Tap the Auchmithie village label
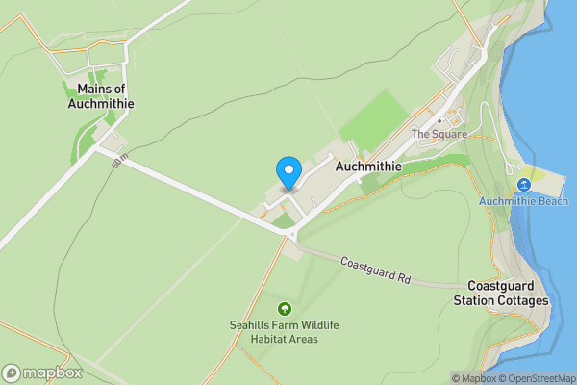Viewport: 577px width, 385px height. (367, 167)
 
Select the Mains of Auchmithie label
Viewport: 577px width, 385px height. (100, 96)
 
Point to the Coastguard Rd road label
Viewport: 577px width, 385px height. (376, 269)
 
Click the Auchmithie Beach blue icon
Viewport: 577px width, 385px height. (524, 185)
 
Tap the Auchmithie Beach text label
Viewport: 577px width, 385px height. (524, 201)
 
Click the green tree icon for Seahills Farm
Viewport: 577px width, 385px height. (284, 309)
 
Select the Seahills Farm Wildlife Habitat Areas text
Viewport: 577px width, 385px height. (284, 332)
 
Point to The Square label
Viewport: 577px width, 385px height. (439, 134)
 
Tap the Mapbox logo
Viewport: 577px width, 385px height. (42, 372)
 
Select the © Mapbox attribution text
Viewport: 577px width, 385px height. (472, 378)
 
